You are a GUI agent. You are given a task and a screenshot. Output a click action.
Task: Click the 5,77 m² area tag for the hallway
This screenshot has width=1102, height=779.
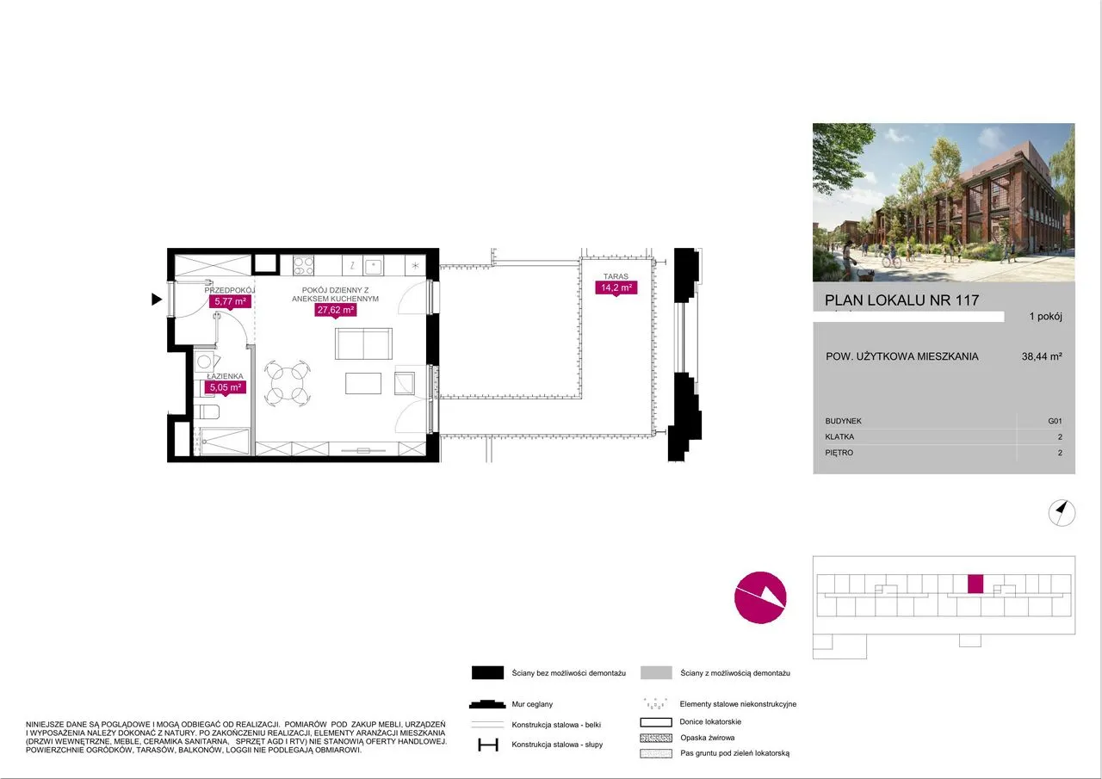coord(230,301)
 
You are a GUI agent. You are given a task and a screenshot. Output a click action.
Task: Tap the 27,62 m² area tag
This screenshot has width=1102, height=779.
coord(336,310)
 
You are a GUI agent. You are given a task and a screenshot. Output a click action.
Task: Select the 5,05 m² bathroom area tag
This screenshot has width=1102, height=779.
coord(226,387)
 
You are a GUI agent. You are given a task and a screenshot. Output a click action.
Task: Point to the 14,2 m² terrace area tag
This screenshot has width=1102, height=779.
coord(616,287)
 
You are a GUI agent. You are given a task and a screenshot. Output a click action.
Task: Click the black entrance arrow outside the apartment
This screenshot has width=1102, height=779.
coord(157,299)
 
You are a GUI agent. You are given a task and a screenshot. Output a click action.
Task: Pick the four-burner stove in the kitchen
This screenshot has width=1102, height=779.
coord(303,266)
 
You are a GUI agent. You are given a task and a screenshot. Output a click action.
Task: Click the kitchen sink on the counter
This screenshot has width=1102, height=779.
coord(374,266)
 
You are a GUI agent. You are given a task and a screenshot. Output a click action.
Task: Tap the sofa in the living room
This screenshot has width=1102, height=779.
coord(363,343)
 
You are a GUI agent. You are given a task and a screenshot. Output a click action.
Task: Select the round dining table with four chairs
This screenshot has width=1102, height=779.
coord(288,384)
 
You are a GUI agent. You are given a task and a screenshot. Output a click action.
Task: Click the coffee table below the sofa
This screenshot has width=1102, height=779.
coord(363,383)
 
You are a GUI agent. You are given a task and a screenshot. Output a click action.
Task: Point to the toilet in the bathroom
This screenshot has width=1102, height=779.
coord(207,411)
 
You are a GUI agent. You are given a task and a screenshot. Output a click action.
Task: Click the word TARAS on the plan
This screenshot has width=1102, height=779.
coord(616,276)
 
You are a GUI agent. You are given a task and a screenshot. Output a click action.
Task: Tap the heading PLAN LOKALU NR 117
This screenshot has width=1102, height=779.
coord(901,300)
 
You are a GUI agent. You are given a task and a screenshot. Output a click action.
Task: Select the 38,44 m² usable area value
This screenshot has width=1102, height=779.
coord(1042,356)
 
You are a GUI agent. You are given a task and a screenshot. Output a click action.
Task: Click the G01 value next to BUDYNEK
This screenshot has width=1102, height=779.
coord(1055,421)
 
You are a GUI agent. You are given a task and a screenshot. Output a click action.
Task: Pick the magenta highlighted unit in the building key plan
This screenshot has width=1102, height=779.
coord(975,584)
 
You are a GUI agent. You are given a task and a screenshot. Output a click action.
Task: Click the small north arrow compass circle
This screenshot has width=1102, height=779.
coord(1062,513)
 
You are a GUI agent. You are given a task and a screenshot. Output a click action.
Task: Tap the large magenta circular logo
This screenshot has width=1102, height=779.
coord(760,597)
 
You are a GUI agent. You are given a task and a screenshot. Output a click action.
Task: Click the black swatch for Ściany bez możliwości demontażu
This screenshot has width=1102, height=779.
coord(487,673)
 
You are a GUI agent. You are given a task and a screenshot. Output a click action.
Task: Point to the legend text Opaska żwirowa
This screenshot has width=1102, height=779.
coord(708,738)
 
